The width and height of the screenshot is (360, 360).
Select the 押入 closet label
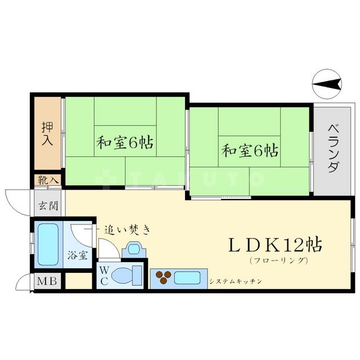pos(48,133)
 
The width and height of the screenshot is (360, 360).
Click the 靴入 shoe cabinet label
pos(48,180)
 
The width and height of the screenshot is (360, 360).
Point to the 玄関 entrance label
pos(48,205)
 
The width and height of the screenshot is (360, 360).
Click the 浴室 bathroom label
pos(78,255)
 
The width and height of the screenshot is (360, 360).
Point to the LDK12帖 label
pos(274,245)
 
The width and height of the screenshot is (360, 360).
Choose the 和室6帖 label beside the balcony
pos(250,150)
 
